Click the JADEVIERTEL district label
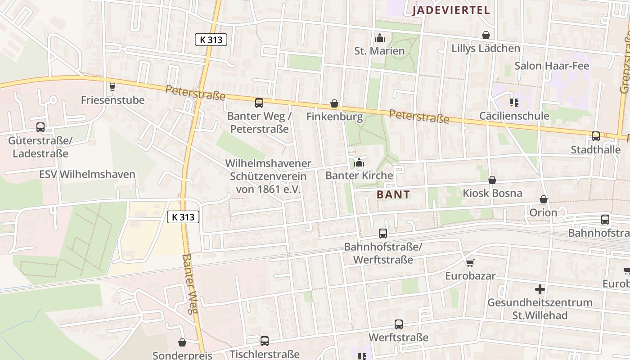(451, 10)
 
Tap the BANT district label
(393, 194)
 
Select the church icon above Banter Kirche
(359, 162)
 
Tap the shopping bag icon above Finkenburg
(334, 104)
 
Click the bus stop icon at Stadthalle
(596, 136)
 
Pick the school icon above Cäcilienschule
(514, 103)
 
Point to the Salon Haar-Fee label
(551, 66)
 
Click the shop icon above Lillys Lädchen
(486, 35)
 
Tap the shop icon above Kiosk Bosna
(492, 180)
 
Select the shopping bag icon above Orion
(544, 199)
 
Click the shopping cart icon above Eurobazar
(470, 263)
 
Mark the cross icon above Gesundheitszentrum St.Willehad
(540, 289)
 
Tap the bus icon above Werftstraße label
(399, 324)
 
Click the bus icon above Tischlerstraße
(265, 341)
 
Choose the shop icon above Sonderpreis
(182, 343)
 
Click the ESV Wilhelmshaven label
(87, 174)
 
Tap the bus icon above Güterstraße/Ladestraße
(40, 127)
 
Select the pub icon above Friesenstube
(112, 87)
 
